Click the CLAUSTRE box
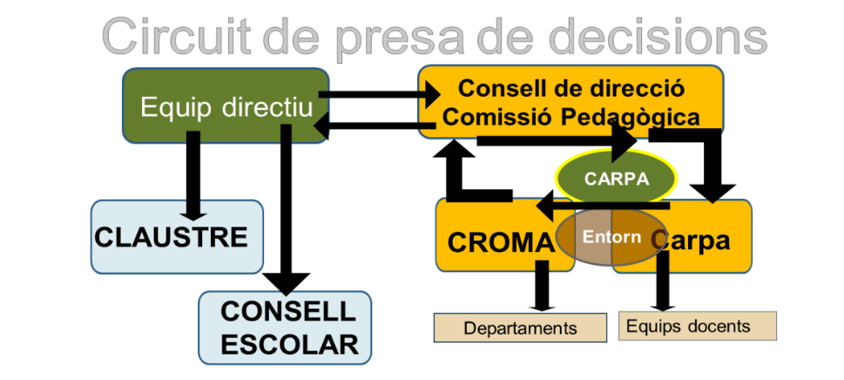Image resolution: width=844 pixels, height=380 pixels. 177,236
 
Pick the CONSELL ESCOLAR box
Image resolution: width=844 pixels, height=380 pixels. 287,328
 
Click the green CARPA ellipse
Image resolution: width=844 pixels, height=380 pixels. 617,179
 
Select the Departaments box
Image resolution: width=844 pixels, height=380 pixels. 520,328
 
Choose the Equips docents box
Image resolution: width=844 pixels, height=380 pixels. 697,326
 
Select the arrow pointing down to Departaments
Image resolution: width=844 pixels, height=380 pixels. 544,286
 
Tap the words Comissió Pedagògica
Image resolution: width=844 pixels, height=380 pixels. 571,117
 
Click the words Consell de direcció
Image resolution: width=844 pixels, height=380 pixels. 571,89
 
